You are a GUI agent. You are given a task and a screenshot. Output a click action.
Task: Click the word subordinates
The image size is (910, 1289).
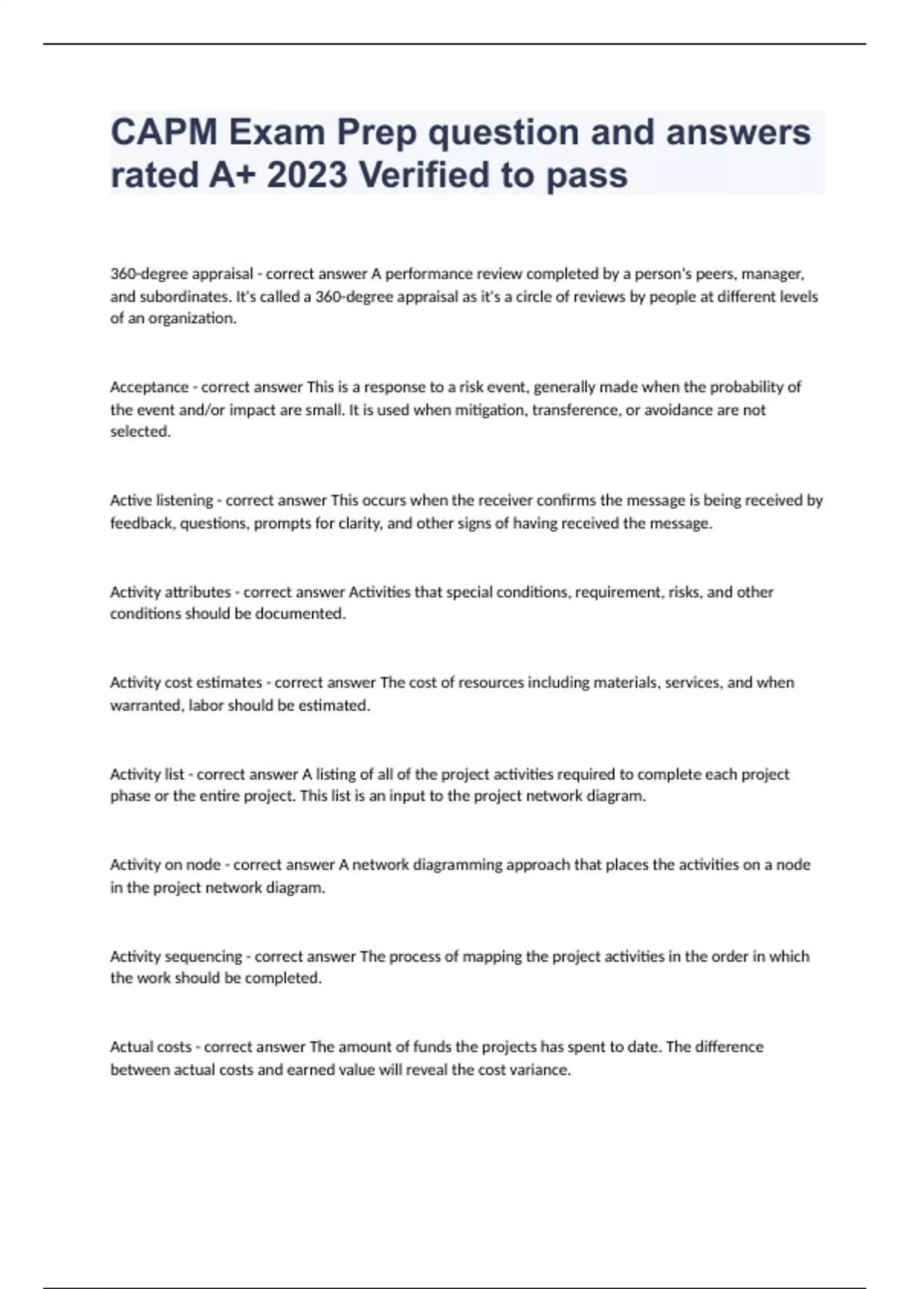[x=184, y=296]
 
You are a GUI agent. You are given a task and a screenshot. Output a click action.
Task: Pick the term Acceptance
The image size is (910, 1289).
[x=149, y=387]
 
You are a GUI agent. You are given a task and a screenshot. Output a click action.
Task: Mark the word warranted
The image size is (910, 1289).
[x=146, y=706]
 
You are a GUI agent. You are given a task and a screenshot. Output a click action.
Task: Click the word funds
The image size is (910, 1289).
[x=432, y=1047]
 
